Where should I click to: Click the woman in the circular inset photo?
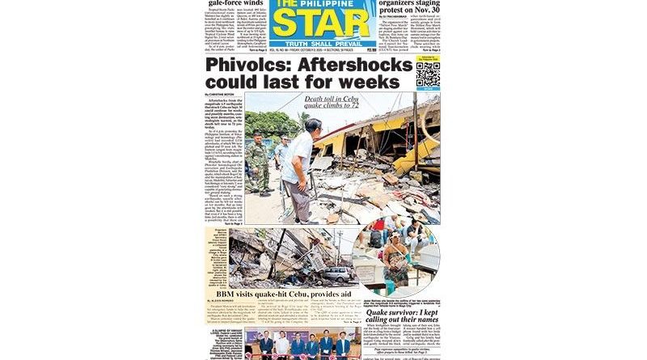(395, 257)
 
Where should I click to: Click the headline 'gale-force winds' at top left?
(230, 4)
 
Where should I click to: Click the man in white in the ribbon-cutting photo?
(282, 345)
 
